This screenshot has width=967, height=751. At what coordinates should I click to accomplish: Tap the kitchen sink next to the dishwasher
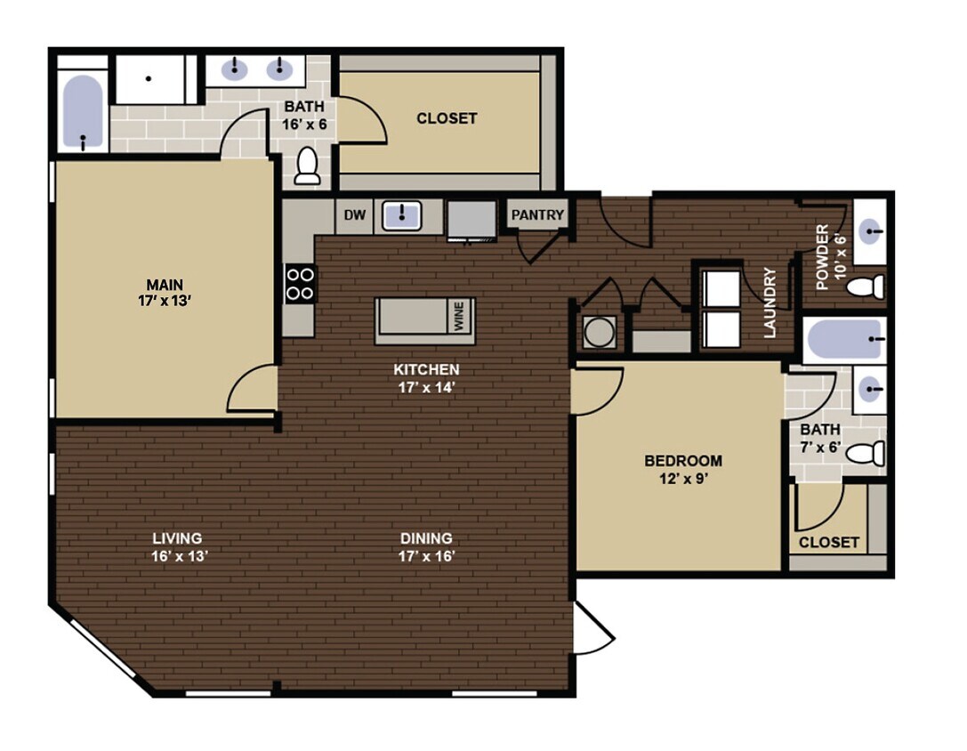point(402,215)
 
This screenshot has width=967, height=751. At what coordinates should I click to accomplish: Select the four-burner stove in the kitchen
point(300,283)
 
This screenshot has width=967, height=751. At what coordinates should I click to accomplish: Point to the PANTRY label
point(537,214)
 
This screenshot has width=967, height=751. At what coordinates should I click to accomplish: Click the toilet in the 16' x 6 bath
point(308,166)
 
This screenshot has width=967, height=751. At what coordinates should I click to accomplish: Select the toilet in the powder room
point(865,287)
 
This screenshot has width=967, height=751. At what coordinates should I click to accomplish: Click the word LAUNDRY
point(770,303)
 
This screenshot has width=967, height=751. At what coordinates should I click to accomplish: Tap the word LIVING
point(177,538)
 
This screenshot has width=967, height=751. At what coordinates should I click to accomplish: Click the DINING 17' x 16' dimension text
point(427,557)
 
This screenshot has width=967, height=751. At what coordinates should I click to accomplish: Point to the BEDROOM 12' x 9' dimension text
point(683,480)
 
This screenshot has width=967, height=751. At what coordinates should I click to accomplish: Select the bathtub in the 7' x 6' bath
point(843,339)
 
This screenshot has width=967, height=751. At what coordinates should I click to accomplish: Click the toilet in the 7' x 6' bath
point(866,454)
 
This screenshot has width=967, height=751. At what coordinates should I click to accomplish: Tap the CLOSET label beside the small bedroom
point(829,542)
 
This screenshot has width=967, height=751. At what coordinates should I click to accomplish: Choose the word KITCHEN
point(427,369)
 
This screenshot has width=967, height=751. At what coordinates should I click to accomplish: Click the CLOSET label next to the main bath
point(447,118)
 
